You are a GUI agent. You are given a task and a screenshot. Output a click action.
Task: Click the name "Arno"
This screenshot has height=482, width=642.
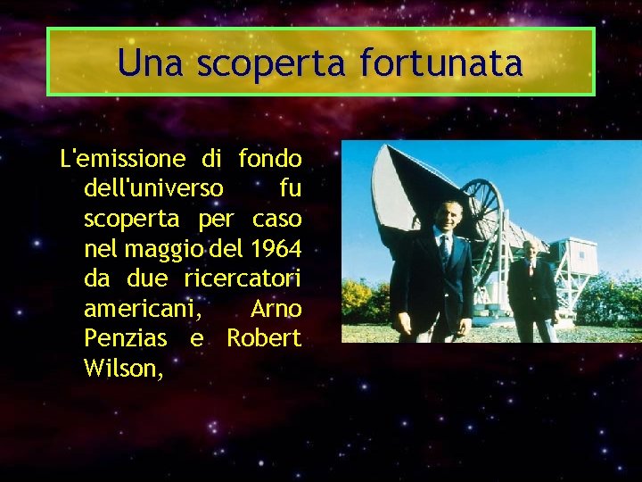[x=276, y=309]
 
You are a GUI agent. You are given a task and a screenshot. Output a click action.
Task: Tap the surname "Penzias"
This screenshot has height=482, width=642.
[x=125, y=338]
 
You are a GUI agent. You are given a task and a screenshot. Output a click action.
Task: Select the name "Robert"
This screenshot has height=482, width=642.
[x=264, y=338]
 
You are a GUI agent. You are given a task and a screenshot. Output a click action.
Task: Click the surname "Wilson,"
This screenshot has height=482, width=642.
[x=123, y=368]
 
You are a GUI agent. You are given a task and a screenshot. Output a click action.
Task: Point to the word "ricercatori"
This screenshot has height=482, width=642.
[x=243, y=278]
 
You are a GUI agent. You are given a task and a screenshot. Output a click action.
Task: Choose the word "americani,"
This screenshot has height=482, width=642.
[x=143, y=309]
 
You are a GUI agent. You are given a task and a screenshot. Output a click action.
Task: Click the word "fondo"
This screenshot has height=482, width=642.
[x=270, y=159]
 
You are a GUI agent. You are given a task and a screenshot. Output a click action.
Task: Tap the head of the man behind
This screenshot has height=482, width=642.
[x=533, y=250]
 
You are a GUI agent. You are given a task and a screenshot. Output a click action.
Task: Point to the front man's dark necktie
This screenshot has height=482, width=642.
[x=444, y=250]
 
